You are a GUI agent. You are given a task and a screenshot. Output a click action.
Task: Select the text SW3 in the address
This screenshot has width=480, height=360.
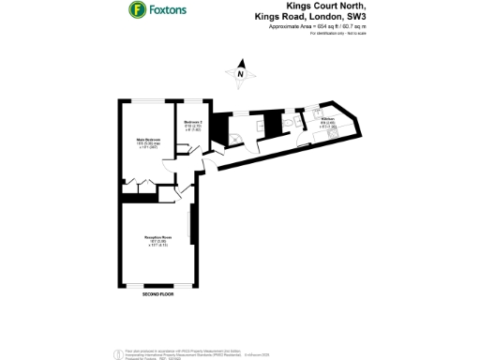pos(353,16)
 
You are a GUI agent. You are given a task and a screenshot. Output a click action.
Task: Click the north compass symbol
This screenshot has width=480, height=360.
pos(240,71)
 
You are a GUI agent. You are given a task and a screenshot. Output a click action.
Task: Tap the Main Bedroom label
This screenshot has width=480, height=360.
pos(148,140)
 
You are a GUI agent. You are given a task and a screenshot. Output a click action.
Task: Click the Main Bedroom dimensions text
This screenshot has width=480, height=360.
pos(148,146)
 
